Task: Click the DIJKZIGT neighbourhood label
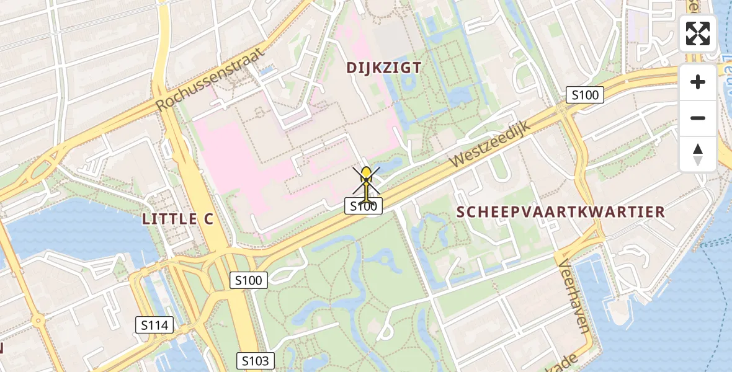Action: pyautogui.click(x=385, y=68)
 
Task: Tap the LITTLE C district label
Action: pyautogui.click(x=177, y=218)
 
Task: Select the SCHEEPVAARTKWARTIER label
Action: pyautogui.click(x=561, y=212)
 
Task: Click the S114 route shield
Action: pyautogui.click(x=154, y=324)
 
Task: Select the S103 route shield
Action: pyautogui.click(x=255, y=361)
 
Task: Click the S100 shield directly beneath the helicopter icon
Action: pyautogui.click(x=364, y=206)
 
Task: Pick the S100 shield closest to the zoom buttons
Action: pyautogui.click(x=585, y=95)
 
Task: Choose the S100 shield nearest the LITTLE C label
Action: pyautogui.click(x=249, y=280)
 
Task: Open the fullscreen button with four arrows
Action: pyautogui.click(x=698, y=33)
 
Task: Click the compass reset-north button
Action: pyautogui.click(x=698, y=154)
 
